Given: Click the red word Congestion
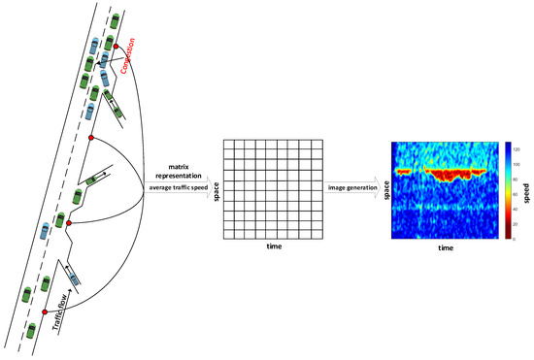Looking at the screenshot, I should pyautogui.click(x=136, y=57).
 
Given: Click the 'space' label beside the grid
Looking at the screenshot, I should pyautogui.click(x=216, y=187).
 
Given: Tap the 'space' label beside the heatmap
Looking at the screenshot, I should pyautogui.click(x=385, y=188).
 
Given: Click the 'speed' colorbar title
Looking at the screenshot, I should pyautogui.click(x=527, y=188).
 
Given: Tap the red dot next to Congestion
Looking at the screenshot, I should pyautogui.click(x=116, y=47).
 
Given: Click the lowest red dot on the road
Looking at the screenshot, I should pyautogui.click(x=45, y=312).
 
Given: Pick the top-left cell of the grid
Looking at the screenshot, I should pyautogui.click(x=229, y=145).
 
